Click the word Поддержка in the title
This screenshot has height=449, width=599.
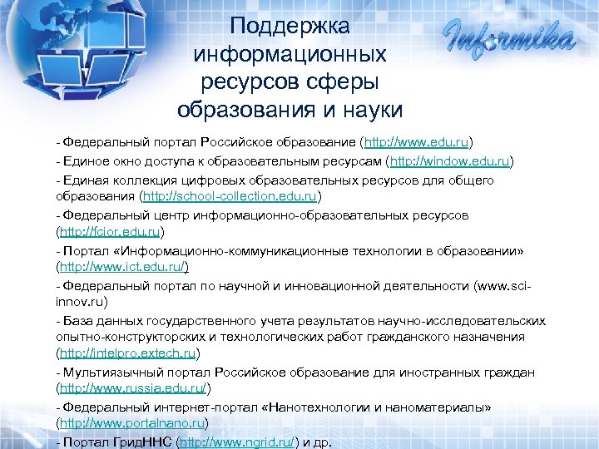290,26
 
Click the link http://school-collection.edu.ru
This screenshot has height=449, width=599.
230,197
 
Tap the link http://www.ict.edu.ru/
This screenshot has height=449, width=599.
121,268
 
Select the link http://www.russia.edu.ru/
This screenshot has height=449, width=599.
131,388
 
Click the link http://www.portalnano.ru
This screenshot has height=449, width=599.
130,423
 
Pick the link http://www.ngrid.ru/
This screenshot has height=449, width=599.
238,442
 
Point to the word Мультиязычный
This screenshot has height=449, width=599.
106,372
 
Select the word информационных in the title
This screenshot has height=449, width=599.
290,54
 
